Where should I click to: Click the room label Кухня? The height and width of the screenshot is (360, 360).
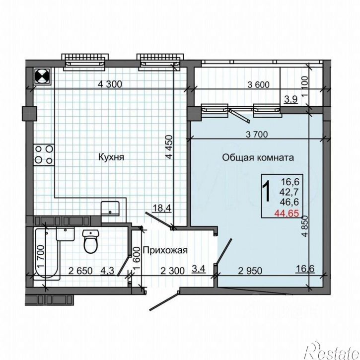[111, 157]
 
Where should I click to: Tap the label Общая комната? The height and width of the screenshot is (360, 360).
[258, 158]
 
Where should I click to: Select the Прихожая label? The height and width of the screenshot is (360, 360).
[165, 250]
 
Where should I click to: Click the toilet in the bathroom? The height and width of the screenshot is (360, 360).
[91, 241]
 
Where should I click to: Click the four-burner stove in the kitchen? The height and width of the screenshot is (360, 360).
[44, 154]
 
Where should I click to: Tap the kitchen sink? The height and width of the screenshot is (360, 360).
[110, 208]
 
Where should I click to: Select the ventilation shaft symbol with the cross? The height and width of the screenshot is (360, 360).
[43, 76]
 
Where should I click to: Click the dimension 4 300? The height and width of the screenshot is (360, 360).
[110, 84]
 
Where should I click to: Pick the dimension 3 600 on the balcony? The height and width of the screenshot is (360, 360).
[259, 85]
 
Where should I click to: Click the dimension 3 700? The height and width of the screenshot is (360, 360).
[257, 134]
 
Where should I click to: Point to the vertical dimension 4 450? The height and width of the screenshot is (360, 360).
[169, 147]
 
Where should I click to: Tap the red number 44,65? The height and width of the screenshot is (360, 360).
[287, 214]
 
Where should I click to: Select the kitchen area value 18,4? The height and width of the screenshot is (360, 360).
[162, 208]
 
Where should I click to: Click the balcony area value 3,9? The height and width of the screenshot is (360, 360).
[291, 99]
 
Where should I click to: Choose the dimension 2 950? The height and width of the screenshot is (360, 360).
[250, 271]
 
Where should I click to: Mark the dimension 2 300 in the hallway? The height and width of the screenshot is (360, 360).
[172, 271]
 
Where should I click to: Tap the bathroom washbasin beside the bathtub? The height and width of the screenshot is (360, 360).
[66, 234]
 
